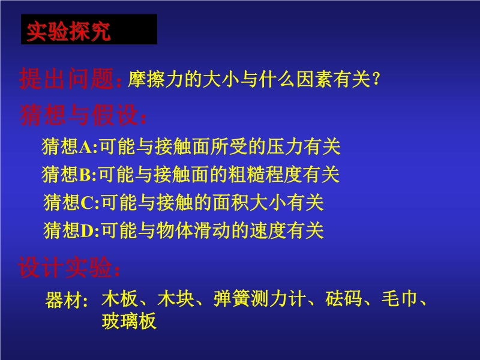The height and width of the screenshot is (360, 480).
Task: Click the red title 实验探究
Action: click(x=68, y=31)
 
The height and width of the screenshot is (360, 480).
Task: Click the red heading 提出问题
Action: click(x=67, y=79)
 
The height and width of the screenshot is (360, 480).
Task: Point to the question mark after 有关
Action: click(x=377, y=79)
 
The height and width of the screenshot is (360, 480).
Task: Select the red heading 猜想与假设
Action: click(x=79, y=115)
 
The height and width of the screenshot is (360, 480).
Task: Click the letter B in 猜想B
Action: click(x=85, y=175)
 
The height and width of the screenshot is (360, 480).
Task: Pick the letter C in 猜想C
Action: click(x=87, y=203)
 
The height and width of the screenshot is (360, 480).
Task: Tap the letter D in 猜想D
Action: click(x=87, y=230)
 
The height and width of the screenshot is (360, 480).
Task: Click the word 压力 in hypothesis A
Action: click(x=284, y=146)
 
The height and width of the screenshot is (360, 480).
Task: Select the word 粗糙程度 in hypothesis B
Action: click(x=265, y=174)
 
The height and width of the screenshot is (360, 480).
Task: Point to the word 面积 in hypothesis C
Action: click(x=231, y=202)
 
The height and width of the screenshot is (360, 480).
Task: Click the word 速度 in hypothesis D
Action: click(x=268, y=230)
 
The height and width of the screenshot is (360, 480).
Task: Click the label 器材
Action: click(x=64, y=299)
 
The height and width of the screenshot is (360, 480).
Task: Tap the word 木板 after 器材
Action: click(x=119, y=298)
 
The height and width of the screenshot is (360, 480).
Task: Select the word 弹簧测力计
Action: click(x=260, y=298)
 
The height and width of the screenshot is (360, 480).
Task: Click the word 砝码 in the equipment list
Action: click(x=343, y=298)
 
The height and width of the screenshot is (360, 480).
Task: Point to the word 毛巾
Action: click(x=400, y=298)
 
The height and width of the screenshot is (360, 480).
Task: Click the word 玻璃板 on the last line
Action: click(x=129, y=321)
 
